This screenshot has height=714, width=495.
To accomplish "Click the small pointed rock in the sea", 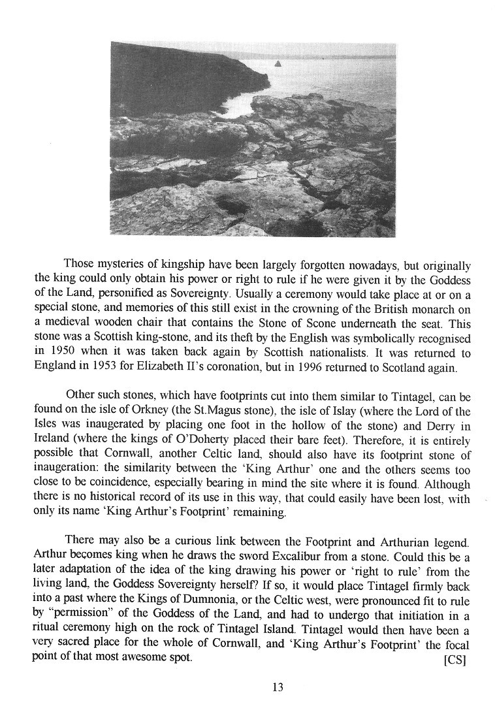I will [279, 63].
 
